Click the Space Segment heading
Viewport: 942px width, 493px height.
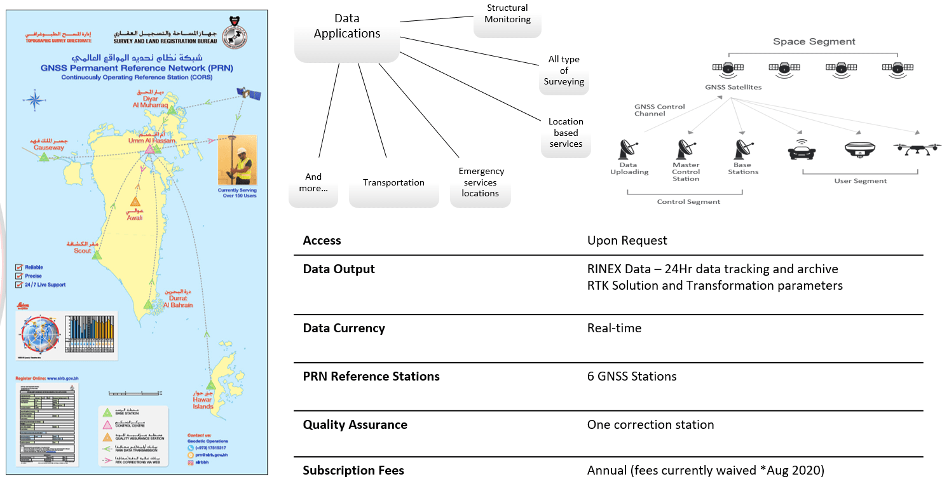pos(814,42)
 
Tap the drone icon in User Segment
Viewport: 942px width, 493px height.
pos(917,149)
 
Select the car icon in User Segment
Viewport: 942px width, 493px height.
pos(802,150)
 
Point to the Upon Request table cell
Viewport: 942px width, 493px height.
pos(627,241)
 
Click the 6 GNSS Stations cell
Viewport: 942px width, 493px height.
pos(631,377)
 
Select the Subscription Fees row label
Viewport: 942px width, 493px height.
pos(353,471)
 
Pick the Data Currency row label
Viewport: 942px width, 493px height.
pos(343,328)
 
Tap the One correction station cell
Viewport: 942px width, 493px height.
pos(650,425)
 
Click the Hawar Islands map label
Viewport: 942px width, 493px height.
pos(203,403)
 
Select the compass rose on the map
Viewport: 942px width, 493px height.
pos(33,98)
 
